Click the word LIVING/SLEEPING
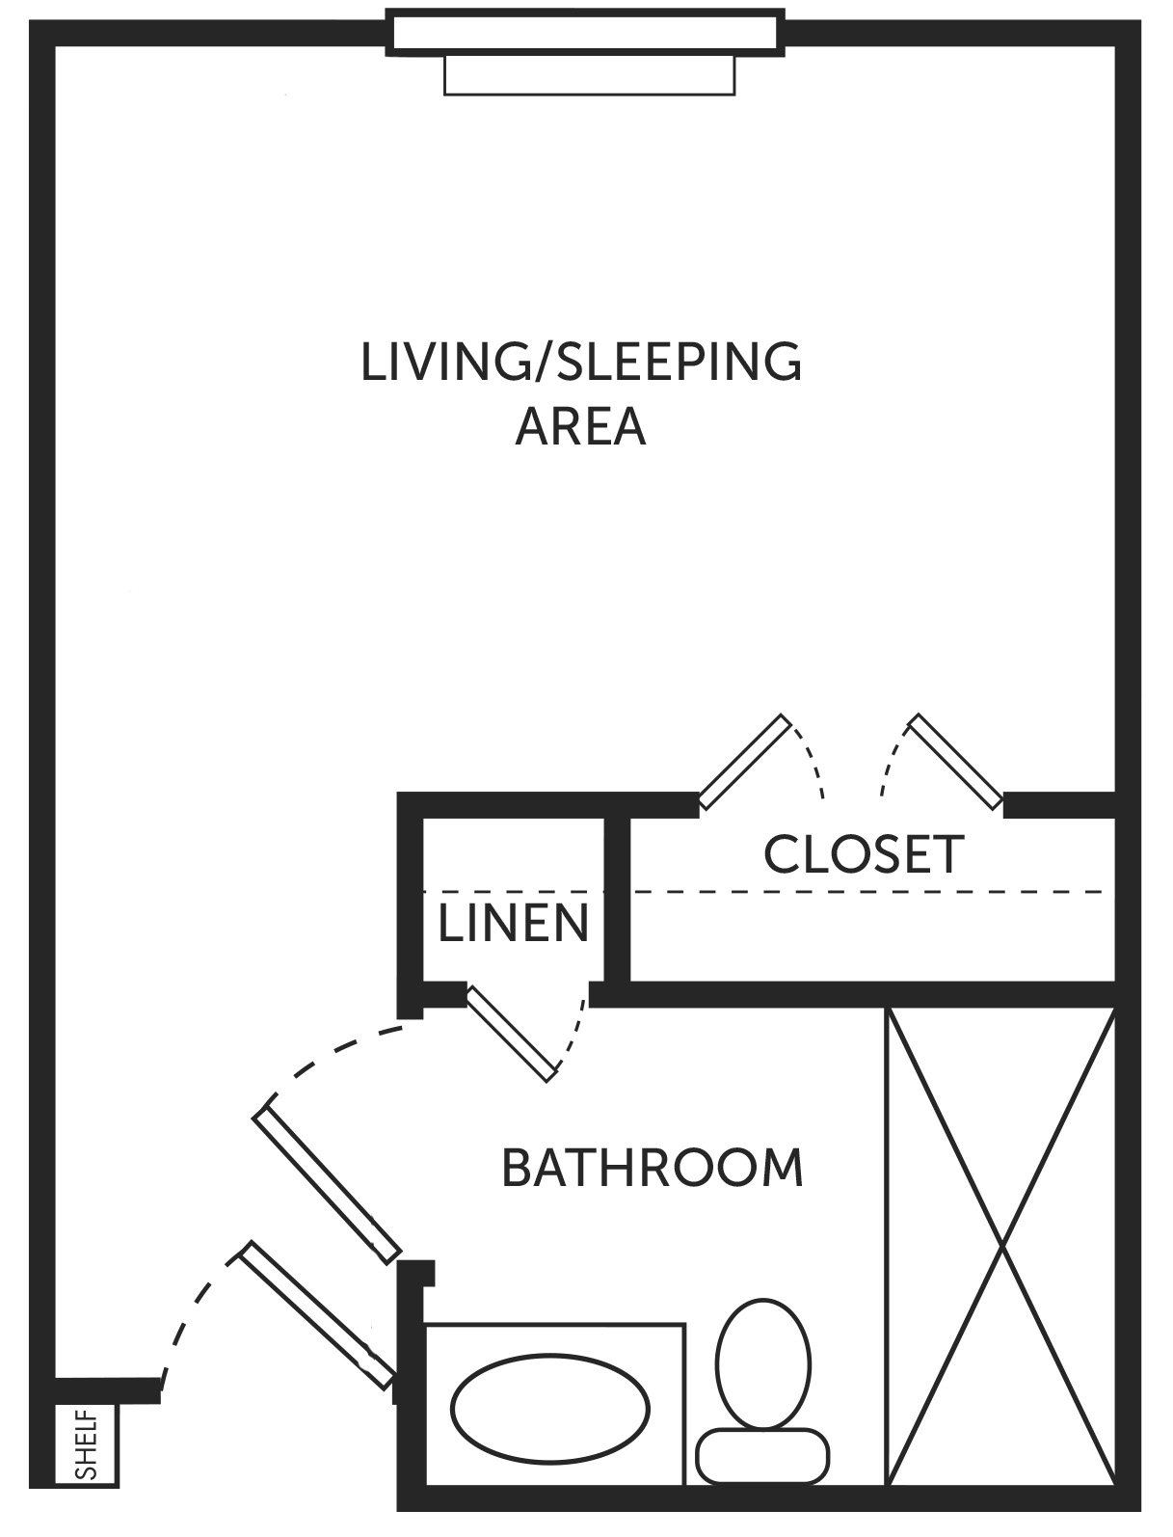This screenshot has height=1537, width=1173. click(581, 363)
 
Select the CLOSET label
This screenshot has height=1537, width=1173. click(864, 854)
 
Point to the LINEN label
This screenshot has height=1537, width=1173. click(513, 923)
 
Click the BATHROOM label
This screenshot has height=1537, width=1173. click(653, 1168)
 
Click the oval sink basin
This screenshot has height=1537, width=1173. click(550, 1409)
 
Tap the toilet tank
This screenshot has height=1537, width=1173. click(762, 1456)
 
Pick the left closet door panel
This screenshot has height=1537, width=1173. click(745, 762)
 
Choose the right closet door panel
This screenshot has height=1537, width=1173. click(954, 762)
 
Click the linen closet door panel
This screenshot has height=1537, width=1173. click(513, 1034)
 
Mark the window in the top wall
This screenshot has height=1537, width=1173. click(585, 33)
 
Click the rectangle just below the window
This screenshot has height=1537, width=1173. click(589, 75)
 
